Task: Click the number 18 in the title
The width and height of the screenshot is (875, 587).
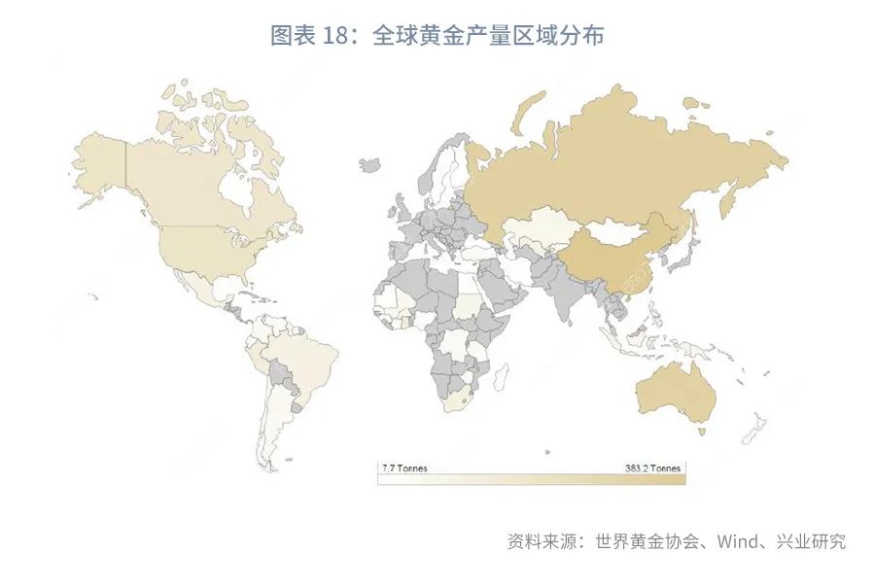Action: pyautogui.click(x=333, y=37)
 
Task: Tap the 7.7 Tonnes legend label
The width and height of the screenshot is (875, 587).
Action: pyautogui.click(x=402, y=468)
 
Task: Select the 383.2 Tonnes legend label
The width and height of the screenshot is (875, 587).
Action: pyautogui.click(x=653, y=468)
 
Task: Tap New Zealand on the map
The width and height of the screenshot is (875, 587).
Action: pyautogui.click(x=754, y=429)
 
